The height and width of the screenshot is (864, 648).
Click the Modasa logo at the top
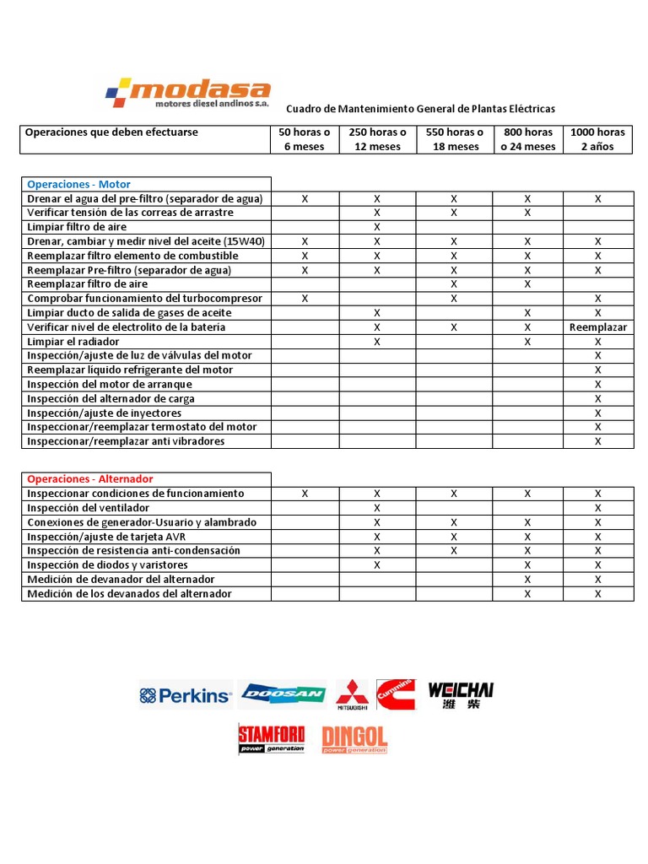coord(187,92)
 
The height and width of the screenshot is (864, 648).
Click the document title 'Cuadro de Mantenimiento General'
coord(420,109)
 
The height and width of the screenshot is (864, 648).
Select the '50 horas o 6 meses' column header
coord(305,139)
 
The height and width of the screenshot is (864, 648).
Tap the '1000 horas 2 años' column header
coord(597,139)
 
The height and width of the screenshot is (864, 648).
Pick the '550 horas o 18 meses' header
coord(454,139)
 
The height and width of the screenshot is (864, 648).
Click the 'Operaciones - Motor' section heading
coord(79,184)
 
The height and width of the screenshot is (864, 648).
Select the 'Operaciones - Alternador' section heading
coord(89,479)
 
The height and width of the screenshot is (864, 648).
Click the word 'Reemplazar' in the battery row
coord(598,327)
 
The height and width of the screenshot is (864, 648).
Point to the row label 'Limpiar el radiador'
coord(73,342)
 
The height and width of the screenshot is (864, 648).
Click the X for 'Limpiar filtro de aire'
coord(377,227)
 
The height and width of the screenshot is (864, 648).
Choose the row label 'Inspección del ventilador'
coord(89,508)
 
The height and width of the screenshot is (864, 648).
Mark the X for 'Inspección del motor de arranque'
coord(598,385)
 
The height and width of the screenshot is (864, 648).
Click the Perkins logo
coord(185,695)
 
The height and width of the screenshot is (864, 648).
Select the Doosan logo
coord(283,694)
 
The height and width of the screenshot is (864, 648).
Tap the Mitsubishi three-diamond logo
coord(353,694)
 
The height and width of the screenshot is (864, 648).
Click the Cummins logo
coord(396,694)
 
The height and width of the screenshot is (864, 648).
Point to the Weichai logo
coord(461,694)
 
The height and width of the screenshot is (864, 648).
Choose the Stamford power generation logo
coord(271,737)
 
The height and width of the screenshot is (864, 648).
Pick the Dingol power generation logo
coord(354,739)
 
